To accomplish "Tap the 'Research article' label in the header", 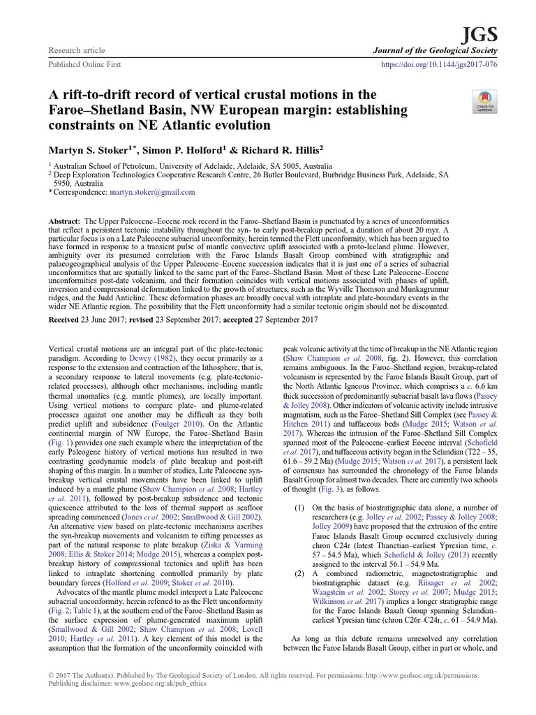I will (76, 51).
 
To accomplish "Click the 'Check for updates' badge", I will (482, 101).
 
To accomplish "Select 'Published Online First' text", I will (84, 64).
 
